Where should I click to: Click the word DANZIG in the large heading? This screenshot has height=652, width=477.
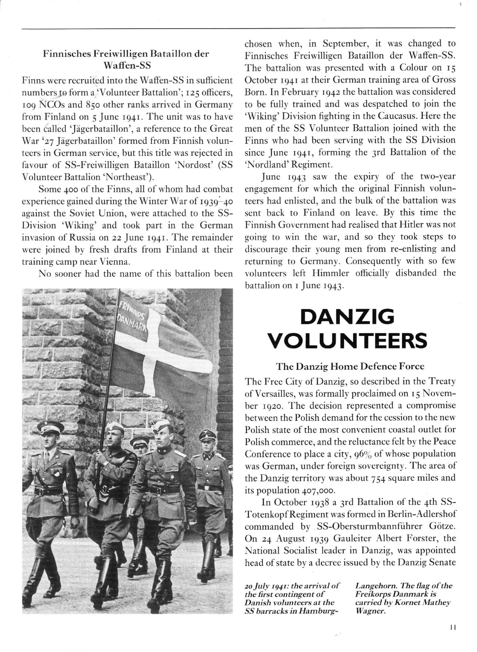coord(347,317)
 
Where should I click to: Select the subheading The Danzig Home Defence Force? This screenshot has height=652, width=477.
coord(350,366)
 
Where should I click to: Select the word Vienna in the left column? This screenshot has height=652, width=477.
coord(115,262)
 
